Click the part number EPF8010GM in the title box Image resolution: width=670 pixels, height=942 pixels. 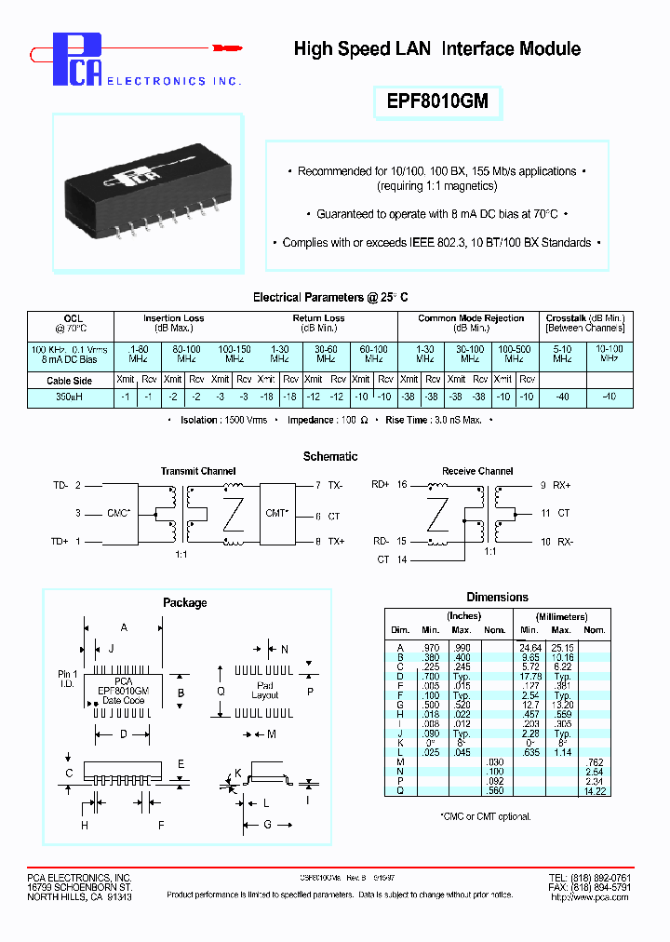437,101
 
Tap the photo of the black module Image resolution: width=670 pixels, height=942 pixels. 147,190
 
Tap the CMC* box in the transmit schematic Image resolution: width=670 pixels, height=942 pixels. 119,513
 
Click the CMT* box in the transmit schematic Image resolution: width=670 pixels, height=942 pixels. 276,513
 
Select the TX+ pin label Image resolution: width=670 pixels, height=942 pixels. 336,541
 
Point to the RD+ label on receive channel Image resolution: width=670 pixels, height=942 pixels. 381,485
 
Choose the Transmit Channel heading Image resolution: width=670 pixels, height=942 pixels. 198,471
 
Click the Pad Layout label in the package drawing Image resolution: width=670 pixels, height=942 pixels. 265,690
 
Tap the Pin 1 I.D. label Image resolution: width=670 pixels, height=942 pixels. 68,678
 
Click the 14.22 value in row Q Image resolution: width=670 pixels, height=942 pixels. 595,790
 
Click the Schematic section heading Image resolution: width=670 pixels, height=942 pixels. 330,456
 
